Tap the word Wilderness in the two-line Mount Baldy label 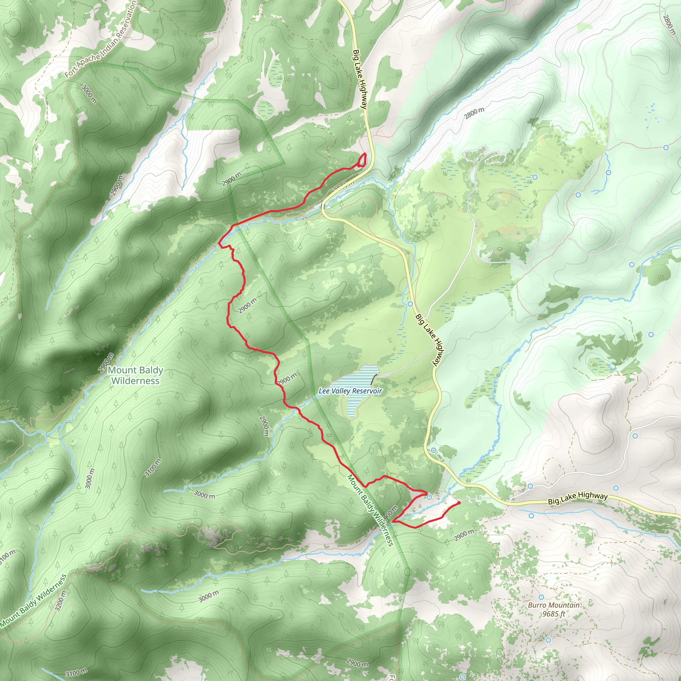(135, 381)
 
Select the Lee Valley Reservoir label (350, 391)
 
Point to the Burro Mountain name (553, 605)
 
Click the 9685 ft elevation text (553, 614)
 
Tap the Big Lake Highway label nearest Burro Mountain (578, 498)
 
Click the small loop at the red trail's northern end (362, 161)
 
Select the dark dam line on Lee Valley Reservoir (373, 380)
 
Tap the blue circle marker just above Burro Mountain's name (541, 597)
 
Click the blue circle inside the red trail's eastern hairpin (429, 497)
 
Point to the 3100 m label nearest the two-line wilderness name (153, 468)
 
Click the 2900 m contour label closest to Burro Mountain (464, 535)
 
